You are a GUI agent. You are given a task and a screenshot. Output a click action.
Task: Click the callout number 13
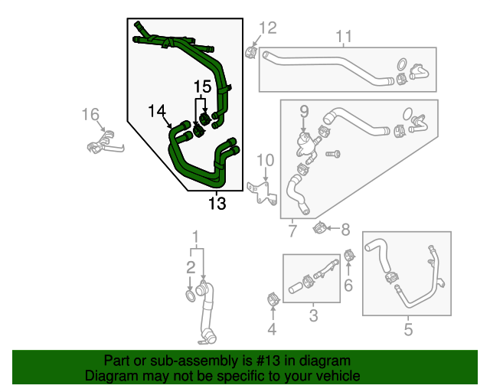pyautogui.click(x=217, y=203)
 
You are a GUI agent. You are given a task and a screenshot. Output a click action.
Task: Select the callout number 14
pyautogui.click(x=156, y=113)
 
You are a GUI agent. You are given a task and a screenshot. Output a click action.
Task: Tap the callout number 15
pyautogui.click(x=201, y=86)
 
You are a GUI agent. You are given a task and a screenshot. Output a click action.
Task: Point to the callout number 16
pyautogui.click(x=90, y=115)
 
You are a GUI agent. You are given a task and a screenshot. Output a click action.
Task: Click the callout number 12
pyautogui.click(x=266, y=28)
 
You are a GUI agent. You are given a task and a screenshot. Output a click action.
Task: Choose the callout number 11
pyautogui.click(x=344, y=36)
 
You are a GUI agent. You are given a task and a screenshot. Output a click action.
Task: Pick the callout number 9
pyautogui.click(x=303, y=112)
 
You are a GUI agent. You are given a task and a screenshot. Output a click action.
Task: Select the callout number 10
pyautogui.click(x=265, y=160)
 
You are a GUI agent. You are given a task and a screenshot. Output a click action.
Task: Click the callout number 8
pyautogui.click(x=345, y=228)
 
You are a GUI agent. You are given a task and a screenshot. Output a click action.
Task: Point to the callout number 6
pyautogui.click(x=348, y=286)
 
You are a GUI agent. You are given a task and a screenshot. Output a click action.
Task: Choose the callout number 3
pyautogui.click(x=313, y=315)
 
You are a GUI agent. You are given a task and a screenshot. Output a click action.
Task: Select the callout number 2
pyautogui.click(x=190, y=266)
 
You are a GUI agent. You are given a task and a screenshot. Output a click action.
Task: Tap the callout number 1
pyautogui.click(x=196, y=236)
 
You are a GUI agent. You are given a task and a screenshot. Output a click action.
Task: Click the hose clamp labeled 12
pyautogui.click(x=250, y=51)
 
